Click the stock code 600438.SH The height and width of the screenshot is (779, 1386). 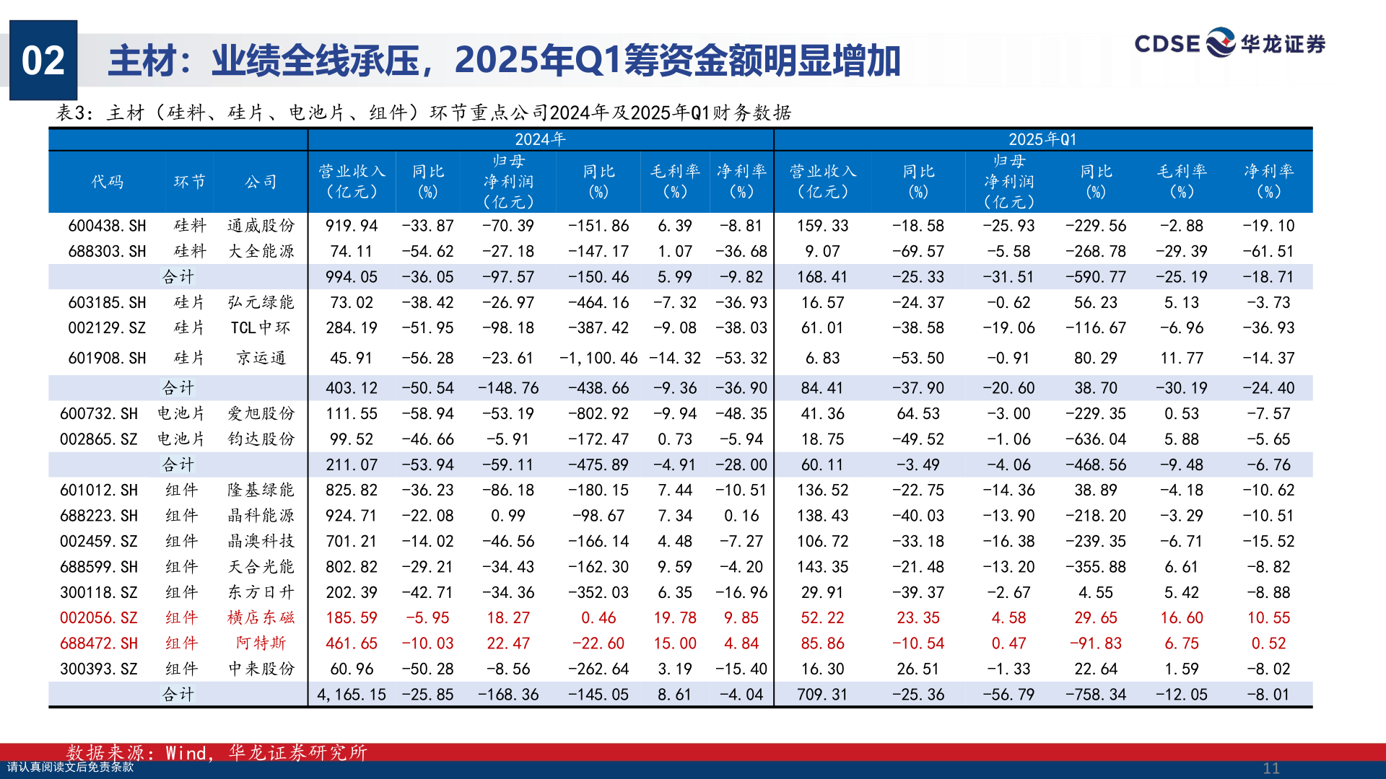[107, 226]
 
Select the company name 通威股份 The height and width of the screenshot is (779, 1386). [261, 226]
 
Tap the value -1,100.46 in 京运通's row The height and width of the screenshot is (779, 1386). [598, 358]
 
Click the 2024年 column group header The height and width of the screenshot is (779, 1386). [540, 139]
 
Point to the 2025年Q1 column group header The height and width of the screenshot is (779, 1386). [1042, 139]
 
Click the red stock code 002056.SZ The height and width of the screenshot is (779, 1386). [98, 617]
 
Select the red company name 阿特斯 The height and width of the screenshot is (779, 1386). [261, 643]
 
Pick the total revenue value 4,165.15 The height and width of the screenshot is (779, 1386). [352, 694]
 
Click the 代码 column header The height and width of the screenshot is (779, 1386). [107, 182]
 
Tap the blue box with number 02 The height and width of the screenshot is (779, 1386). [43, 60]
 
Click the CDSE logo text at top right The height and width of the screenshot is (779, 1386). [1167, 44]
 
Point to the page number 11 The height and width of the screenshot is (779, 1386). [1271, 768]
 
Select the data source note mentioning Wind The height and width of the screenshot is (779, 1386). [217, 753]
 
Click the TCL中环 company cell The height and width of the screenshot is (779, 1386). [261, 327]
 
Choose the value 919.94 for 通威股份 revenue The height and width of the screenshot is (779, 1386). [352, 226]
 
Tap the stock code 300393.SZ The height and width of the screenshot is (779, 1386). [98, 669]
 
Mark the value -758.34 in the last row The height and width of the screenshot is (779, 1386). [1095, 694]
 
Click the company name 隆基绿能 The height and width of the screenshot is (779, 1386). [261, 490]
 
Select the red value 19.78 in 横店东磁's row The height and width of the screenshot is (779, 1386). [675, 617]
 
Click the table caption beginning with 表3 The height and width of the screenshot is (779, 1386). [424, 113]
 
